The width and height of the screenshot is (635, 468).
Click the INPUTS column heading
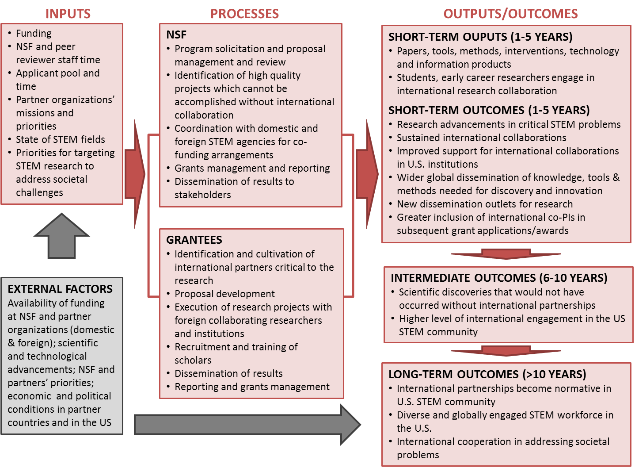(x=68, y=14)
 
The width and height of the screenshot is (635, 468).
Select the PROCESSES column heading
(x=244, y=14)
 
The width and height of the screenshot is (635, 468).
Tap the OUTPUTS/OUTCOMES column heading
(x=510, y=14)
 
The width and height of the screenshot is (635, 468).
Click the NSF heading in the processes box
(x=176, y=35)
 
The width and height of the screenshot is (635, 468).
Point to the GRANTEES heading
(x=194, y=240)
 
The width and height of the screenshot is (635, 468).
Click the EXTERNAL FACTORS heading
(x=60, y=289)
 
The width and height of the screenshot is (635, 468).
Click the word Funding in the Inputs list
(x=34, y=33)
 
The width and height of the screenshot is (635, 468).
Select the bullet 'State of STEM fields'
(x=61, y=139)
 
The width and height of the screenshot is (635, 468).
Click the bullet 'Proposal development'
(x=224, y=294)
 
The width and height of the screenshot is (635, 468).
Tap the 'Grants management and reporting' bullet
(x=252, y=168)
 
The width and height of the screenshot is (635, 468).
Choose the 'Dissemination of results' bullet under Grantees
(x=228, y=373)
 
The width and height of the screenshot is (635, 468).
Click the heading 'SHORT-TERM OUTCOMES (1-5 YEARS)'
(x=489, y=110)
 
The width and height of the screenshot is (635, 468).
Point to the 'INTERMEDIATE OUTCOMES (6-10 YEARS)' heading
(x=499, y=278)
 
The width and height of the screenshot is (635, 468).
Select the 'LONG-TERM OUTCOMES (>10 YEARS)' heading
(x=487, y=374)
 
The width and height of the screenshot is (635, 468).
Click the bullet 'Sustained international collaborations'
(x=481, y=138)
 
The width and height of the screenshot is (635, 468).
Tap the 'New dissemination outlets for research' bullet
(x=484, y=204)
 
